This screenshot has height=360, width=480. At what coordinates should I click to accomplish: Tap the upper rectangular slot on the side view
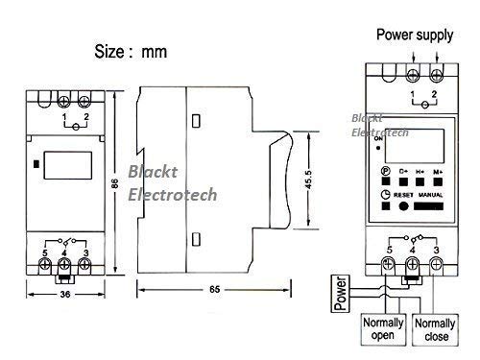pyautogui.click(x=195, y=121)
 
